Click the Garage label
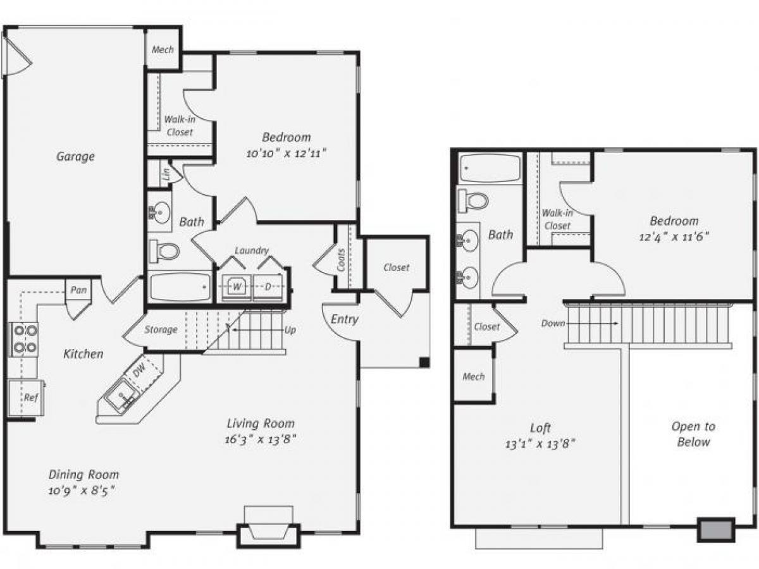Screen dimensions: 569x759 75,156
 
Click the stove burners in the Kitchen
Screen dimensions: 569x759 23,339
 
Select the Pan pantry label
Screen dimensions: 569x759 78,290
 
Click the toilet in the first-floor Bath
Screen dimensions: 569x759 166,251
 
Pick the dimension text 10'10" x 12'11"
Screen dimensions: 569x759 287,153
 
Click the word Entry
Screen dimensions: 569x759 344,319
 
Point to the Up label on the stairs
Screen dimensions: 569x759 290,330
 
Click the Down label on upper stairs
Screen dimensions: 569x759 553,323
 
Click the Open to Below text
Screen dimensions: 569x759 693,434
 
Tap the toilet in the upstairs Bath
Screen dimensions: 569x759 474,201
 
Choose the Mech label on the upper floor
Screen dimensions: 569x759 473,377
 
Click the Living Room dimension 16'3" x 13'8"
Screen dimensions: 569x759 261,439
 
